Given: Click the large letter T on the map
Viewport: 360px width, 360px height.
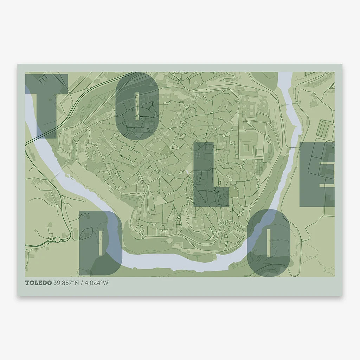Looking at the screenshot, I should click(46, 105).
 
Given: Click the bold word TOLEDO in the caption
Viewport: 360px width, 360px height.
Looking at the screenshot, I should click(38, 283).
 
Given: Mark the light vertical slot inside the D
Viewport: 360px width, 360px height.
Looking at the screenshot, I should click(101, 243).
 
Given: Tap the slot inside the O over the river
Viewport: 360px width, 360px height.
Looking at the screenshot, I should click(269, 243).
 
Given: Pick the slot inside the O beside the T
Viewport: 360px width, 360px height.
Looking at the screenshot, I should click(137, 105).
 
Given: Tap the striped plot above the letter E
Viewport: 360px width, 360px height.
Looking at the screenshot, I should click(324, 128).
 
